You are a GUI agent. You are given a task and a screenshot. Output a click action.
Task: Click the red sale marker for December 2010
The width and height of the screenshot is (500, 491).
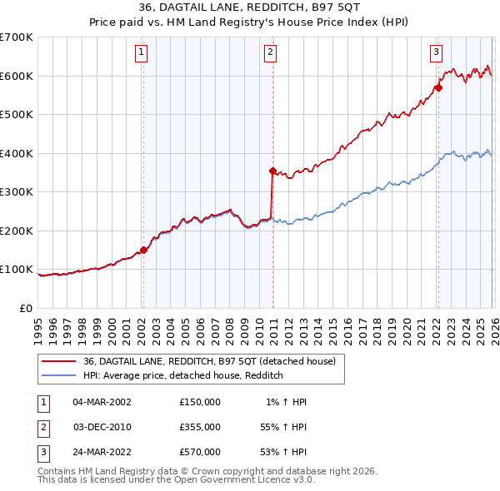coord(272,171)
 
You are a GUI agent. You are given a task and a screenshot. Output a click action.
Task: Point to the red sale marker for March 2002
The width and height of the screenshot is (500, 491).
coord(143,250)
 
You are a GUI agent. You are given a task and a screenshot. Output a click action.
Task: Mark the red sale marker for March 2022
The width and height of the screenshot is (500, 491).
coord(437,87)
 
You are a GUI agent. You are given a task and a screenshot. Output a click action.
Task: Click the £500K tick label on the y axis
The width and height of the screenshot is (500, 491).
coord(17,114)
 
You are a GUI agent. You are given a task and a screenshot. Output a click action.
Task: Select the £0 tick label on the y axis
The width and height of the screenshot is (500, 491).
coord(26,308)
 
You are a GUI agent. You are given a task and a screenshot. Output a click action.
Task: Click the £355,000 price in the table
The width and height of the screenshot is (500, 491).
coord(199,427)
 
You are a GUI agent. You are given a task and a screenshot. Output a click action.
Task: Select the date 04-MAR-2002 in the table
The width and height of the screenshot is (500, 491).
coord(102,402)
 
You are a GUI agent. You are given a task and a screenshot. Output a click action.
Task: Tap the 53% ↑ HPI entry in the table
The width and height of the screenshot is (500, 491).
coord(283,452)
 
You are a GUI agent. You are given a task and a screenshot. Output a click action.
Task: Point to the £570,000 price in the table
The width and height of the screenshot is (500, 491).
coord(199,452)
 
